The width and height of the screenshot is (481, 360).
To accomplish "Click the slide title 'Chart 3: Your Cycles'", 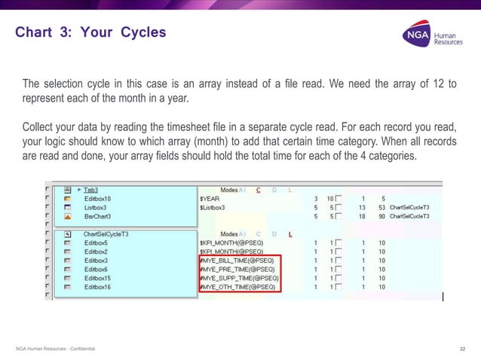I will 90,33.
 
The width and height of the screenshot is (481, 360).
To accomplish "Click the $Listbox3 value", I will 214,207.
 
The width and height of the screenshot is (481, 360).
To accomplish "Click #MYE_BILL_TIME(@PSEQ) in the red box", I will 237,261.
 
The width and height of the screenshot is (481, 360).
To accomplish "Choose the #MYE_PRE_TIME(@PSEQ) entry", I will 237,270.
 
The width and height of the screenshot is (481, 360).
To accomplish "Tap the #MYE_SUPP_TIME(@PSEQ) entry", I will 238,278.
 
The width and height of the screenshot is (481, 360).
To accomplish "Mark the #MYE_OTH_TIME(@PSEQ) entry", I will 237,287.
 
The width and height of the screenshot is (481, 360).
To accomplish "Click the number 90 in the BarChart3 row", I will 382,215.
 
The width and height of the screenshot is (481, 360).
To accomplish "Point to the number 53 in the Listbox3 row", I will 382,207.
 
